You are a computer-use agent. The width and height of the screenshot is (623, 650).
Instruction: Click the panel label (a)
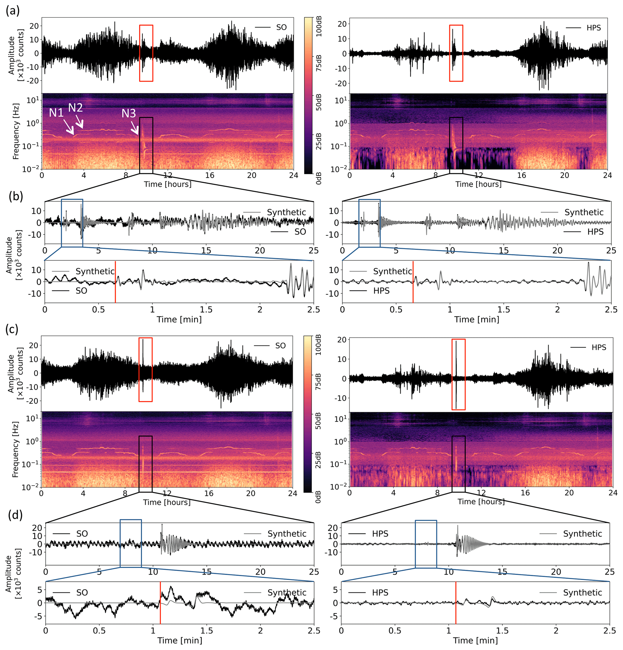[13, 11]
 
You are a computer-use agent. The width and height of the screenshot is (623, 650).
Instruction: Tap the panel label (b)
[16, 196]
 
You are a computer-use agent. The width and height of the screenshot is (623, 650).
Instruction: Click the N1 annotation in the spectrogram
[56, 113]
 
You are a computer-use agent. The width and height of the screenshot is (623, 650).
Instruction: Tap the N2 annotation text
[75, 107]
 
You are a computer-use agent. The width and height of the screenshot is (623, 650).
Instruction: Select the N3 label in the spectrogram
[129, 113]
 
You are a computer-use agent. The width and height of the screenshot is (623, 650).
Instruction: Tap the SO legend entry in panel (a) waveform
[281, 27]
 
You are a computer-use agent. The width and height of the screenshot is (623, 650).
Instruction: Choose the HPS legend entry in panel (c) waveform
[599, 347]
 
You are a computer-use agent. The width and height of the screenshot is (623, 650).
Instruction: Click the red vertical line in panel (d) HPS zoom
[455, 603]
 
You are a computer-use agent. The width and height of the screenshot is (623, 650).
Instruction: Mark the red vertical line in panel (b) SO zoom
[115, 282]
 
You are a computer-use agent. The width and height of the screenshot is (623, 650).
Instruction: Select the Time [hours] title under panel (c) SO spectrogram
[167, 502]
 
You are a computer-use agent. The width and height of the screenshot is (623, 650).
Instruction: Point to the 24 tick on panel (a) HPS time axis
[607, 175]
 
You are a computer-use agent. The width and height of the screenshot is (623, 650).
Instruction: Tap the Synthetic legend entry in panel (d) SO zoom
[287, 592]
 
